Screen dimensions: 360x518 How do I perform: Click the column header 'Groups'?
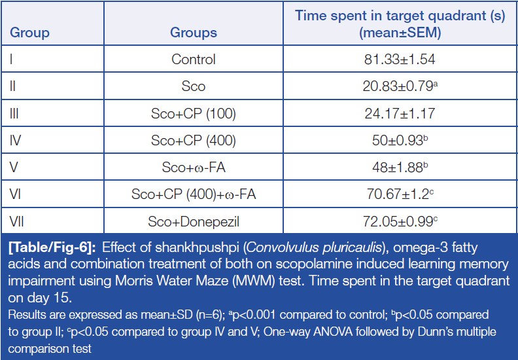[194, 32]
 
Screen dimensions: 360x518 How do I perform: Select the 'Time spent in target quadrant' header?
[400, 24]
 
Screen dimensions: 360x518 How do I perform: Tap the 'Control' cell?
[194, 60]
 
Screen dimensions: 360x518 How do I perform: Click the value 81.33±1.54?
[400, 60]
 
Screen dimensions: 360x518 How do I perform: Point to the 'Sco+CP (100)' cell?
[194, 113]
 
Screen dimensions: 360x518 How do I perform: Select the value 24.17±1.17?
[400, 113]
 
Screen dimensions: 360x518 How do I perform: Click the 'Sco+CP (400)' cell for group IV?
[194, 140]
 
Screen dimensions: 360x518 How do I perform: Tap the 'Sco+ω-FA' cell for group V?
[194, 167]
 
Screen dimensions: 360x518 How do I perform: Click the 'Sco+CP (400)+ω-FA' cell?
[194, 194]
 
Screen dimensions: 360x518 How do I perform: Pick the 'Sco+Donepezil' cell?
[194, 221]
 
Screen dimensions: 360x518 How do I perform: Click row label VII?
[16, 221]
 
